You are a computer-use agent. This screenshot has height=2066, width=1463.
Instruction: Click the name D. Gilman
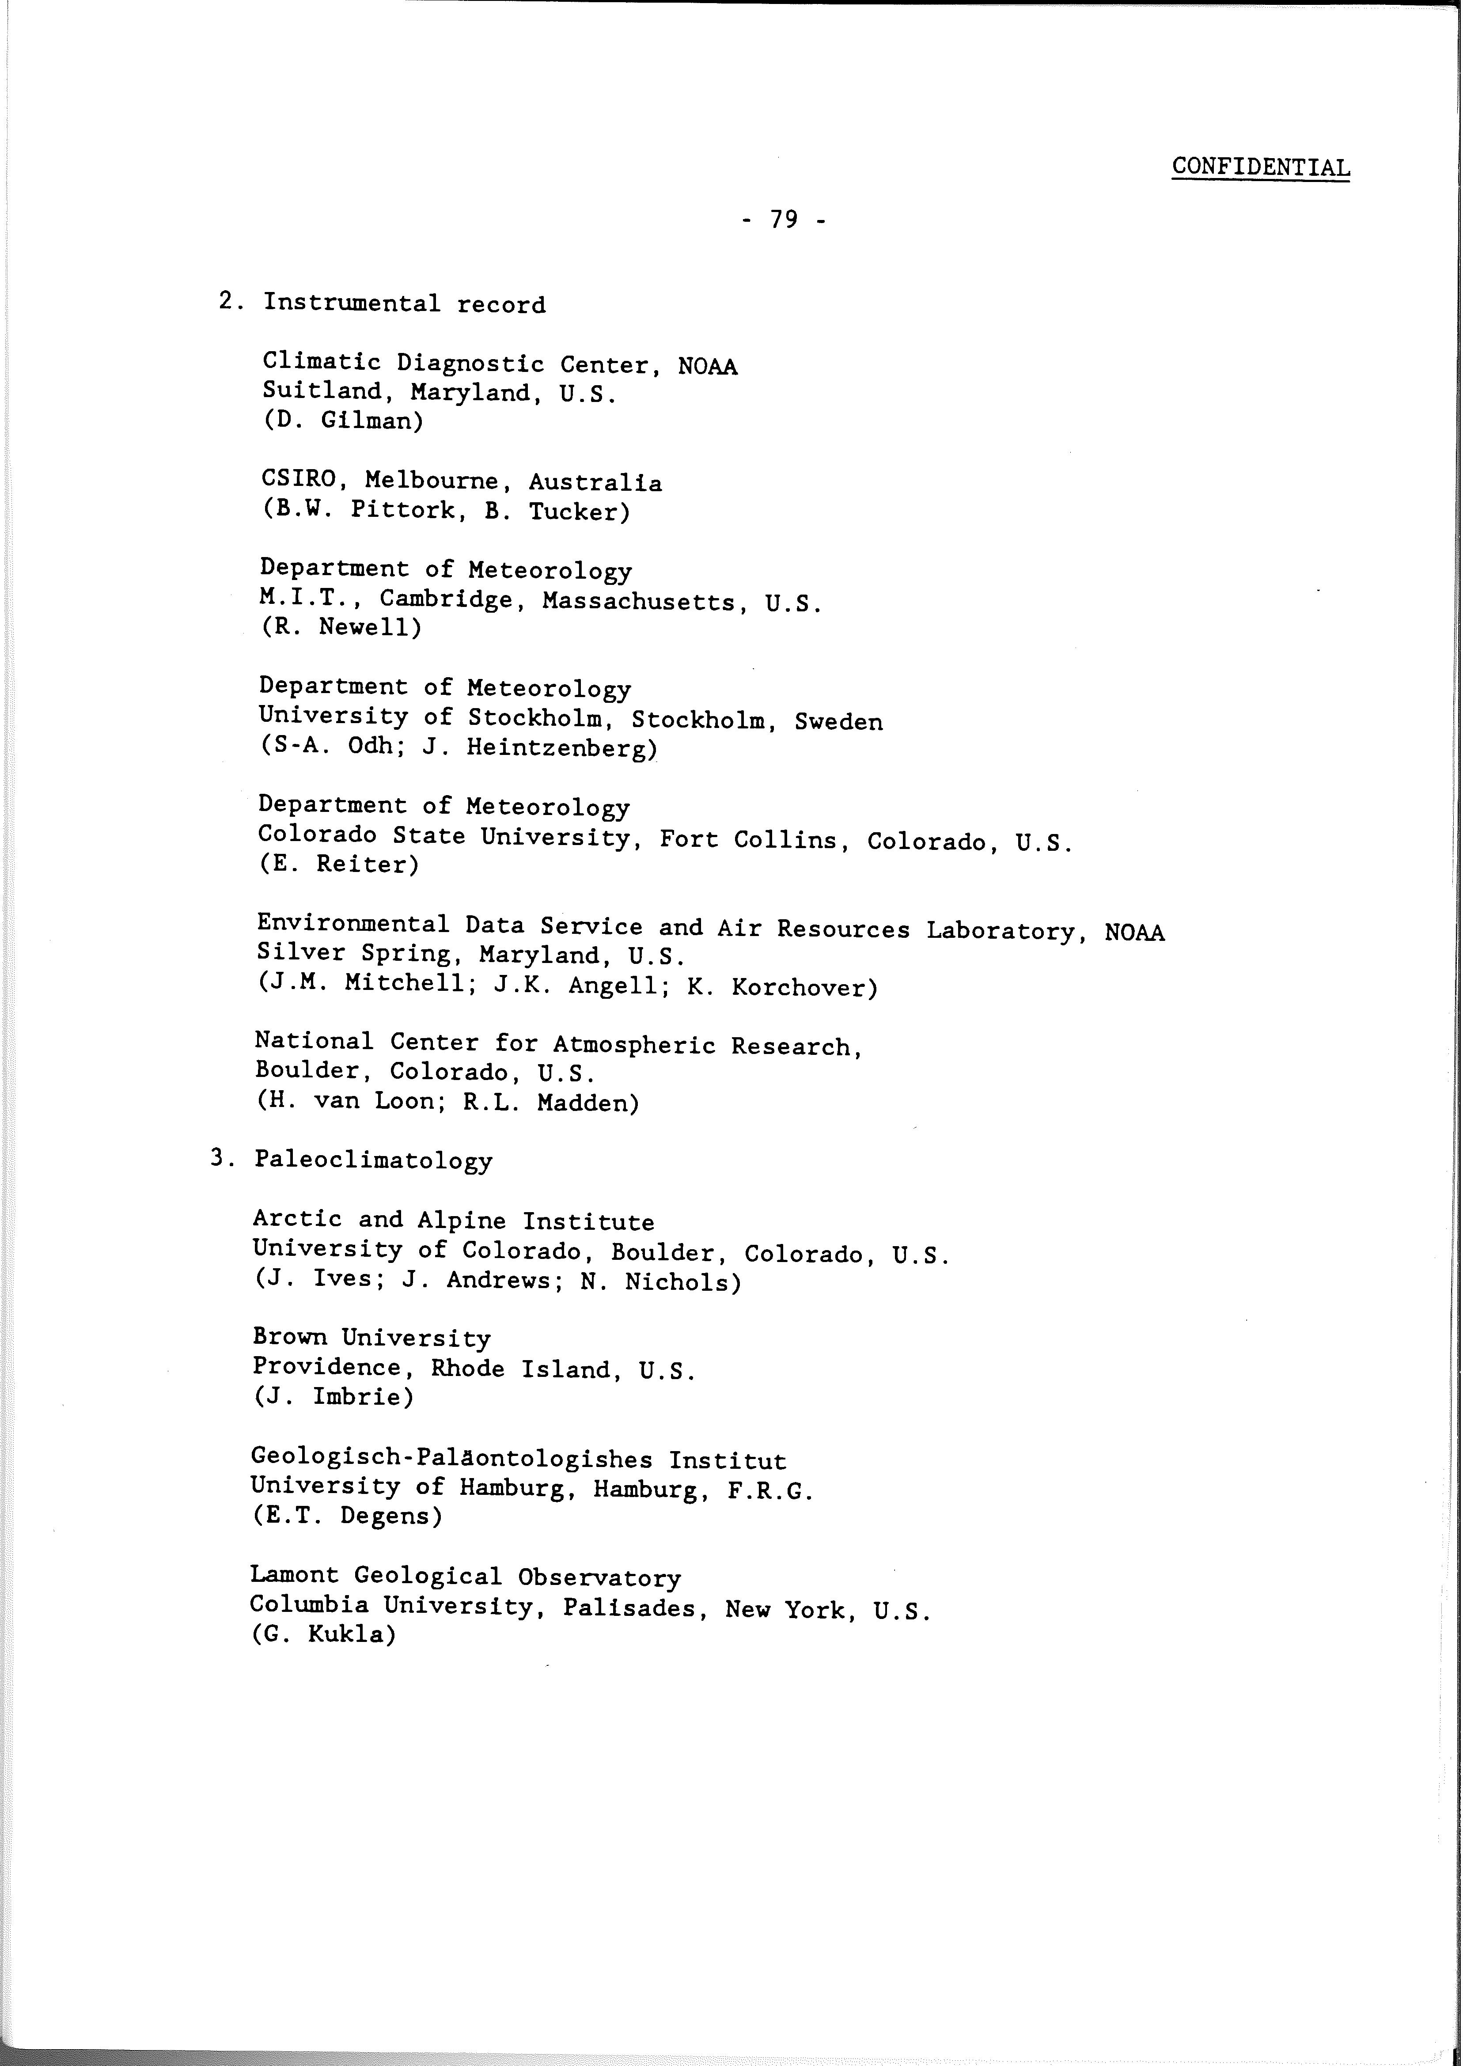click(x=343, y=421)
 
